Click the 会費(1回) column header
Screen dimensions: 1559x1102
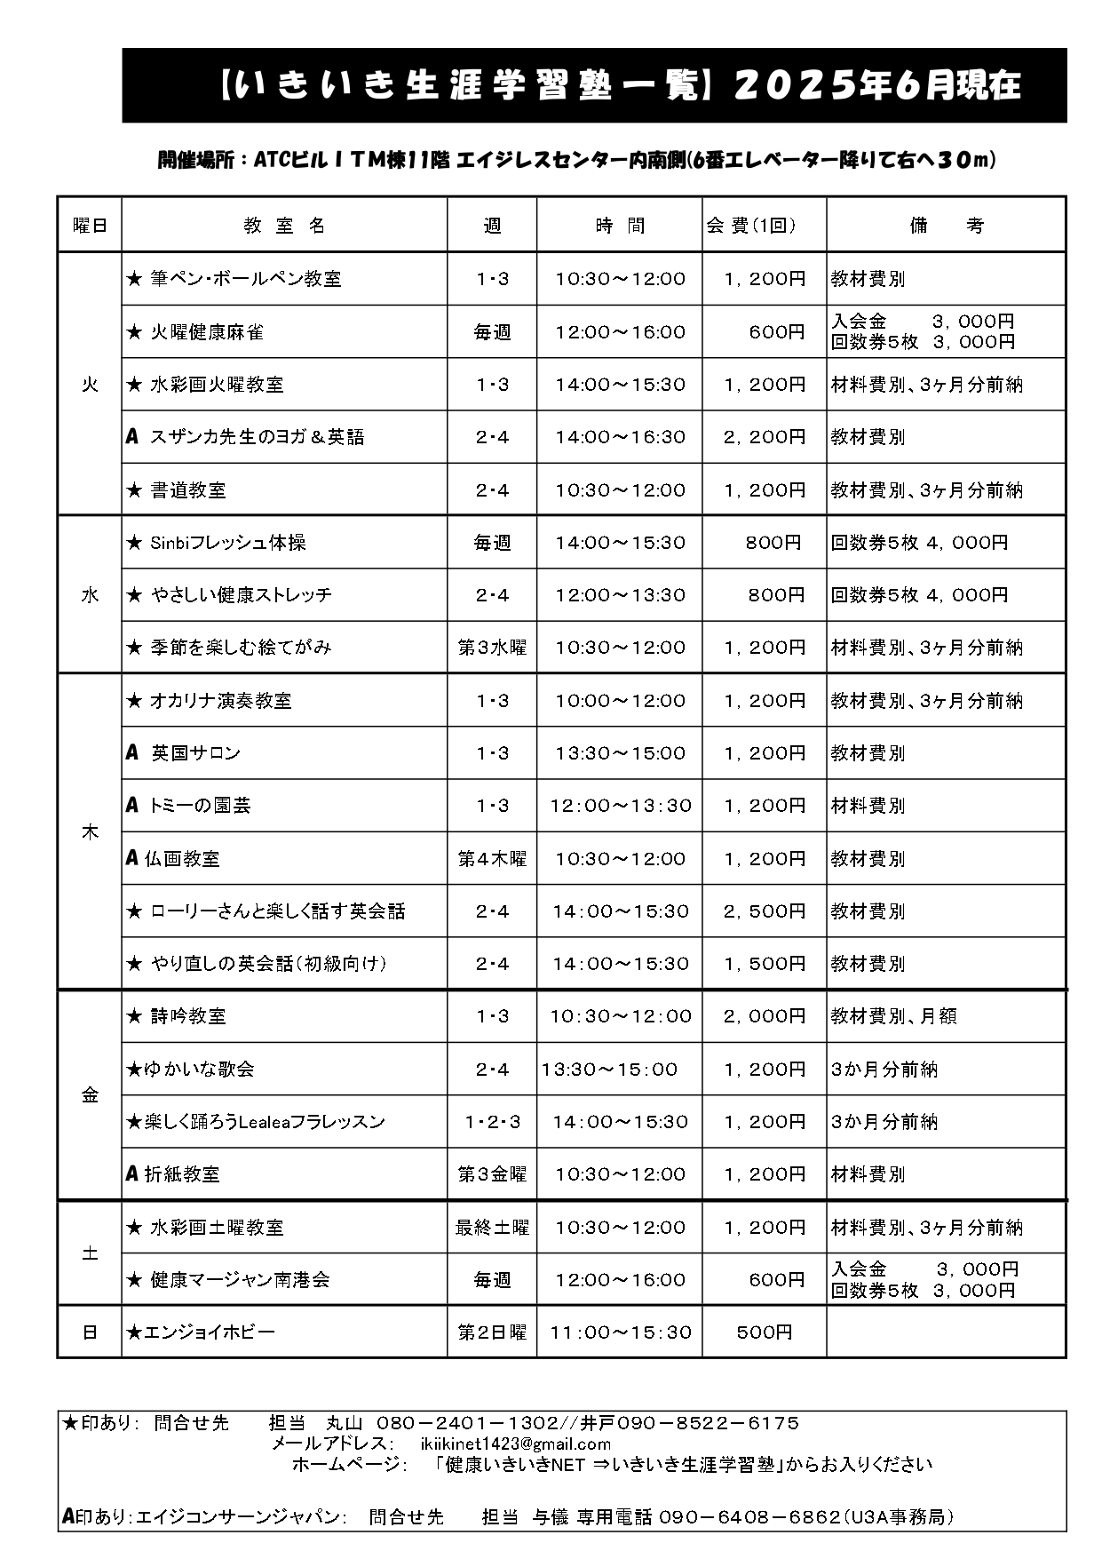pos(751,226)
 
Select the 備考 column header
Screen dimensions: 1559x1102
pos(947,226)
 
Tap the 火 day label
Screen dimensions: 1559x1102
pos(90,384)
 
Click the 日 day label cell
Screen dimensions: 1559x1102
pos(90,1332)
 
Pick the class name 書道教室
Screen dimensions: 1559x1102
pos(188,489)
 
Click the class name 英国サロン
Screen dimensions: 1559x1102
pos(195,752)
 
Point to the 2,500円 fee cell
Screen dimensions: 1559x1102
pos(765,911)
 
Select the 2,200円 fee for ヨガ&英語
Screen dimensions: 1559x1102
pos(765,436)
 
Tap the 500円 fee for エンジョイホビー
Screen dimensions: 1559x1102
pos(765,1332)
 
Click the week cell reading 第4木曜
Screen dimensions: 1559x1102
pos(492,858)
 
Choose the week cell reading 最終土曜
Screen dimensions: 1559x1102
pos(492,1227)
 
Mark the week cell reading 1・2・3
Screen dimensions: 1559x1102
pos(492,1121)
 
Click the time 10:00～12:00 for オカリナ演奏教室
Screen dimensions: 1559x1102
pos(620,700)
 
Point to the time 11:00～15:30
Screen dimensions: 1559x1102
pos(620,1332)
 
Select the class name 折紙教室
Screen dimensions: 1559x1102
pos(182,1173)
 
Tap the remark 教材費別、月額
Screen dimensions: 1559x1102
pos(893,1015)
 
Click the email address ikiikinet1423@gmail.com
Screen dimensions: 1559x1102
pos(516,1444)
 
